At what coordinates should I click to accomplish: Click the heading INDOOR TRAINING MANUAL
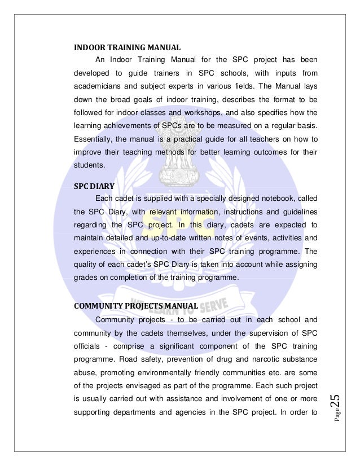click(x=128, y=47)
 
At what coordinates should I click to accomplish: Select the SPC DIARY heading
click(x=93, y=184)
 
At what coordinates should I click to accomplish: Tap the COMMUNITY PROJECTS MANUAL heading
click(x=135, y=306)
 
